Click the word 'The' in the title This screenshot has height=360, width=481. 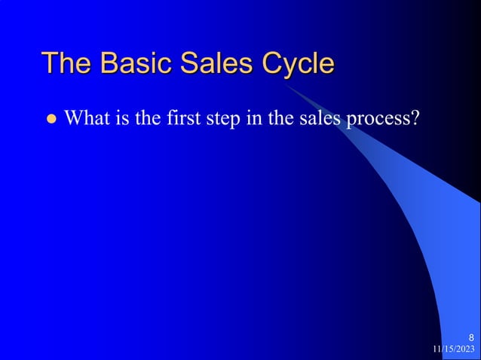66,63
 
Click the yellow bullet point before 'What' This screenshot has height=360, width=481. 52,119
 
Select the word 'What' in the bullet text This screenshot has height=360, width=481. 88,118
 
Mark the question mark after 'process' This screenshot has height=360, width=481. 414,118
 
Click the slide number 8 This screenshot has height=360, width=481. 471,337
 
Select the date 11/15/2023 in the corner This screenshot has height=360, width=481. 454,349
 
